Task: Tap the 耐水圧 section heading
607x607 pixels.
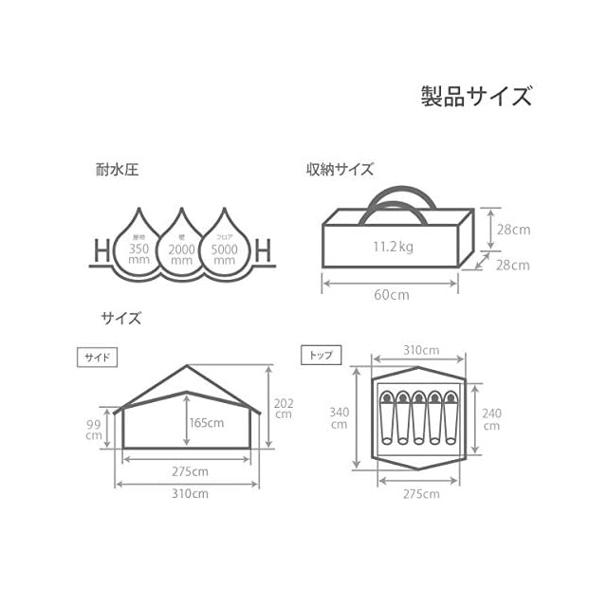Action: pyautogui.click(x=118, y=173)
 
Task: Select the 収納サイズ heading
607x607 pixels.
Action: pyautogui.click(x=340, y=171)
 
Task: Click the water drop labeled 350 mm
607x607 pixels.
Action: pyautogui.click(x=139, y=245)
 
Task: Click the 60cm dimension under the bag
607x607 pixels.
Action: pyautogui.click(x=391, y=294)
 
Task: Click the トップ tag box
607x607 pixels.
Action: pyautogui.click(x=317, y=356)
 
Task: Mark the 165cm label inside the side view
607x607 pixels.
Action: pyautogui.click(x=206, y=423)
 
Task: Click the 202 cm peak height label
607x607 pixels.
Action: pyautogui.click(x=284, y=409)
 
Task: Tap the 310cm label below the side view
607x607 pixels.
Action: pyautogui.click(x=191, y=494)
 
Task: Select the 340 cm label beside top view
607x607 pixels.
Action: pyautogui.click(x=339, y=417)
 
